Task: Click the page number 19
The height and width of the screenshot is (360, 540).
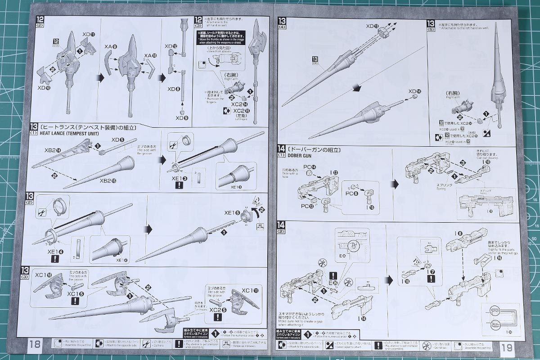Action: coord(506,346)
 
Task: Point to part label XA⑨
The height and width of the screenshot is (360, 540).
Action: coord(110,46)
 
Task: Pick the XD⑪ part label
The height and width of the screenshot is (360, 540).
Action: coord(89,34)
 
